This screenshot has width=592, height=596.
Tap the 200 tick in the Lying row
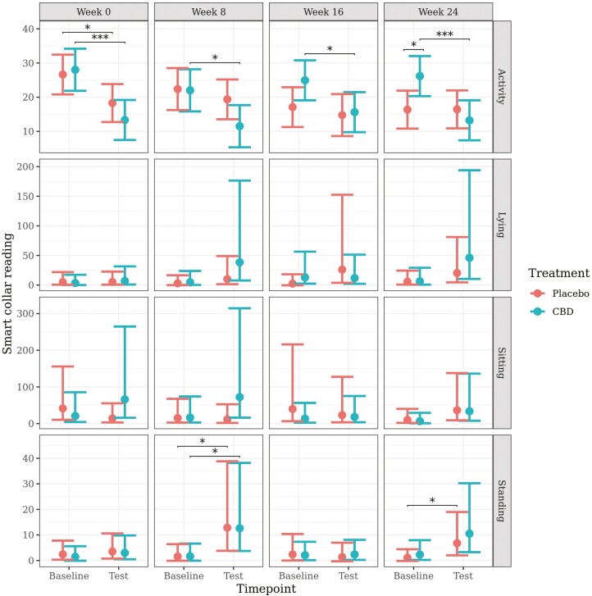(25, 166)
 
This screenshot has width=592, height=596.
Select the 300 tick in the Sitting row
(25, 313)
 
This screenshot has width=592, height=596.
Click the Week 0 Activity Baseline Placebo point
(63, 75)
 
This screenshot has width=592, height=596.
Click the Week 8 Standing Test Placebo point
(227, 527)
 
